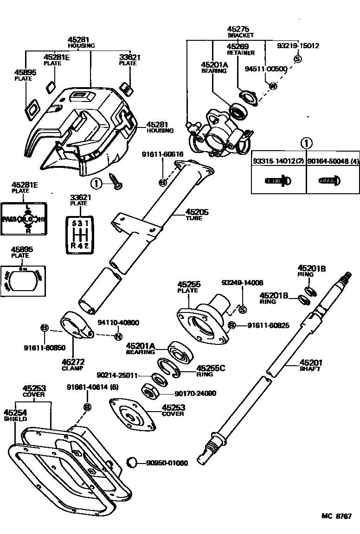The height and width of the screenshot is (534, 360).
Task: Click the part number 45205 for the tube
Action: [x=197, y=212]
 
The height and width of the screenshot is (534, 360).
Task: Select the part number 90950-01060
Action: [x=167, y=463]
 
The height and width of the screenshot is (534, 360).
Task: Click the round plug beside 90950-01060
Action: [x=132, y=462]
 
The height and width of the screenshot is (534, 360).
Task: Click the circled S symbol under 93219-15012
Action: [x=298, y=59]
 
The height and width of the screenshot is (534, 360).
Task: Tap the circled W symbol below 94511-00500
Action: [x=273, y=86]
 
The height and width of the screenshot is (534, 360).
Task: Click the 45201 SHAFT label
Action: [x=311, y=365]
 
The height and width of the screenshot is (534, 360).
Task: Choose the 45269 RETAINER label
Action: [x=238, y=49]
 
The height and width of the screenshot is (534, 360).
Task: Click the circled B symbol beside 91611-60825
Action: [x=232, y=326]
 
